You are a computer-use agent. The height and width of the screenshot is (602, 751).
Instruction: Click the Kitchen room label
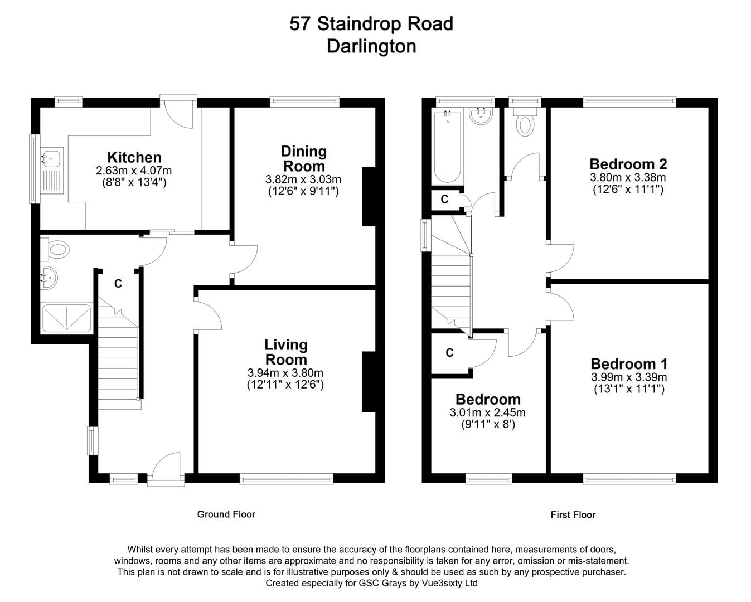point(134,157)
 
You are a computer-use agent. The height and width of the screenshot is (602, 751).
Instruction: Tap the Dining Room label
point(304,159)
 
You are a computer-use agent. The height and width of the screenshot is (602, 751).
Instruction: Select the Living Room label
point(286,352)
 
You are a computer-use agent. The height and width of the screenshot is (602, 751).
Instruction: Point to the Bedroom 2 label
point(628,164)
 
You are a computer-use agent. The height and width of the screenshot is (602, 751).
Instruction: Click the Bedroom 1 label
point(629,364)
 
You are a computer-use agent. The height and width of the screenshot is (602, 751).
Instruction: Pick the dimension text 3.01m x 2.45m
point(487,412)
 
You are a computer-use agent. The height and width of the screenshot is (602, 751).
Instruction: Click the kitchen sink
point(52,171)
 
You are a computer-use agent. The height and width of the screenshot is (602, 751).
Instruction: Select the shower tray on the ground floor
point(67,318)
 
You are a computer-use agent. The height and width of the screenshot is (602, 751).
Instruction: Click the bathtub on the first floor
point(447,146)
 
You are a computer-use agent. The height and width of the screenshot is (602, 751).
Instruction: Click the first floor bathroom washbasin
point(481,115)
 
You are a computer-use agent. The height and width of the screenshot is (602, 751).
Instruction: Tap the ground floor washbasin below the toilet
point(49,278)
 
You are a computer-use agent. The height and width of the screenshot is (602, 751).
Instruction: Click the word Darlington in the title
point(371,46)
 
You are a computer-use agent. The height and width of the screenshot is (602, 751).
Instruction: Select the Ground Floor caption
point(226,514)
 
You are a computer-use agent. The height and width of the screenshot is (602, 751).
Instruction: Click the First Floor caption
point(573,514)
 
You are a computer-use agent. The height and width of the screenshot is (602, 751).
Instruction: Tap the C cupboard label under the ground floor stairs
point(118,284)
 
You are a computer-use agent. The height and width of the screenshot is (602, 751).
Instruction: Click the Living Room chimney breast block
point(368,382)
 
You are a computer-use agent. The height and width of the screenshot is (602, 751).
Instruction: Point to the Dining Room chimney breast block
point(368,196)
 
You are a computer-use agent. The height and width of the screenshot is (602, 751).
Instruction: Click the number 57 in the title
point(299,24)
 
